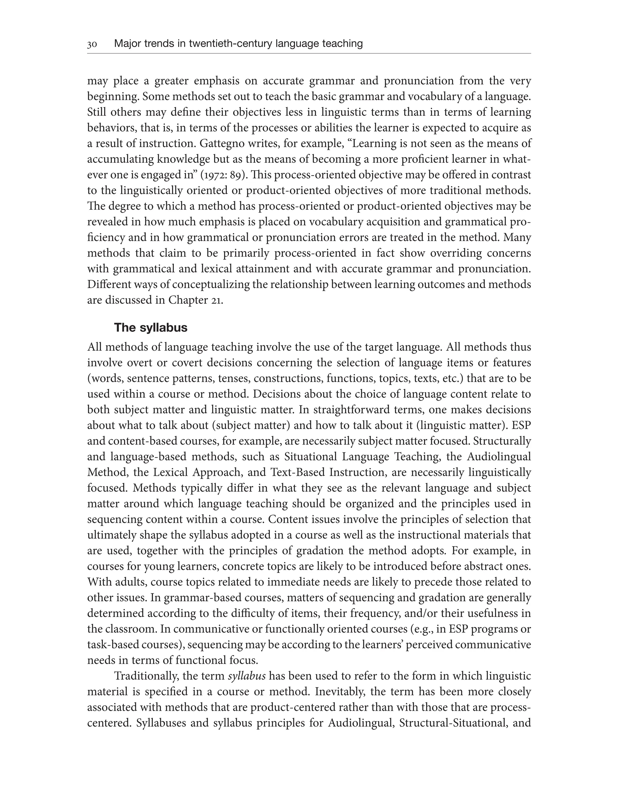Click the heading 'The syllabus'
151,328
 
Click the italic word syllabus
247,676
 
